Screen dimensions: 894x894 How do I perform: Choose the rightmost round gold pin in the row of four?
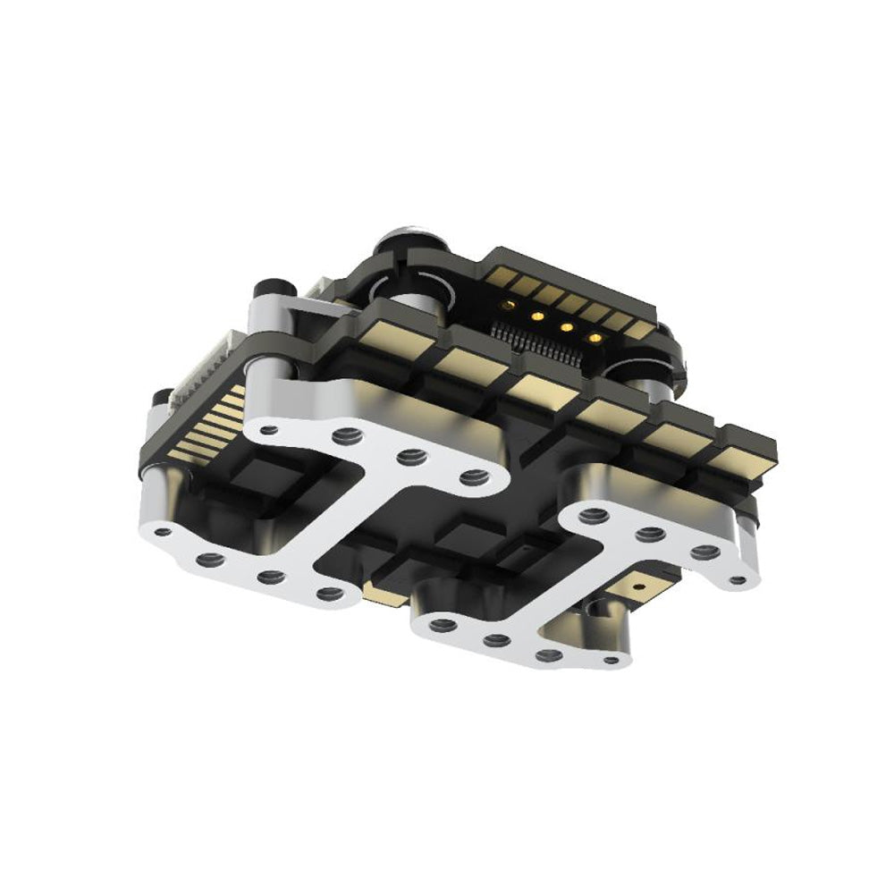click(594, 338)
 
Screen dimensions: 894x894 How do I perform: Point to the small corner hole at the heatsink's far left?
click(162, 532)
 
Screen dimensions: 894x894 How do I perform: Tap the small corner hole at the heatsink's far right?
click(738, 579)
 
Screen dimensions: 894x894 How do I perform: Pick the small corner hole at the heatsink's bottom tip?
click(611, 661)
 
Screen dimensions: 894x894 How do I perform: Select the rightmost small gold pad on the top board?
click(638, 329)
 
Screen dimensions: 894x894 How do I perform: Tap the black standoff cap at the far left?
click(161, 398)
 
